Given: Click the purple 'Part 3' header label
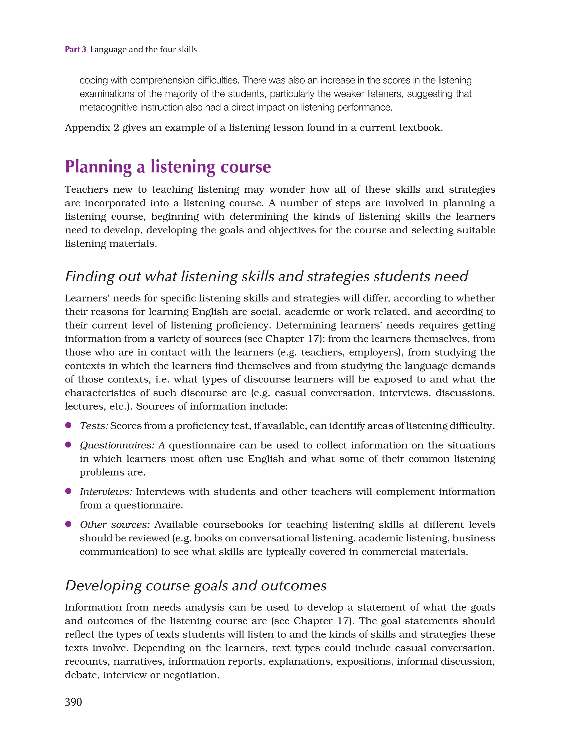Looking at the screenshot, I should (76, 49).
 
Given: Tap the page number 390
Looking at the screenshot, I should (74, 702).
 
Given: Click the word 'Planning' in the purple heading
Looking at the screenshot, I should (98, 167).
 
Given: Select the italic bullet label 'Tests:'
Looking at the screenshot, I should (94, 426).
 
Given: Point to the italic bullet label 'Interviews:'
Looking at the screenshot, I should (106, 492).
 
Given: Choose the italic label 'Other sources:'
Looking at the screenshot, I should (115, 525).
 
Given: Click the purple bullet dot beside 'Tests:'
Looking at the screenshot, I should (69, 425).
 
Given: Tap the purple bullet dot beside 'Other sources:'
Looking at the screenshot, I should (69, 524).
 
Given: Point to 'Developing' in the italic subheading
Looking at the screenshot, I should (103, 586).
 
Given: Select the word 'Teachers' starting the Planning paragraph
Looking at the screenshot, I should (86, 190).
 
